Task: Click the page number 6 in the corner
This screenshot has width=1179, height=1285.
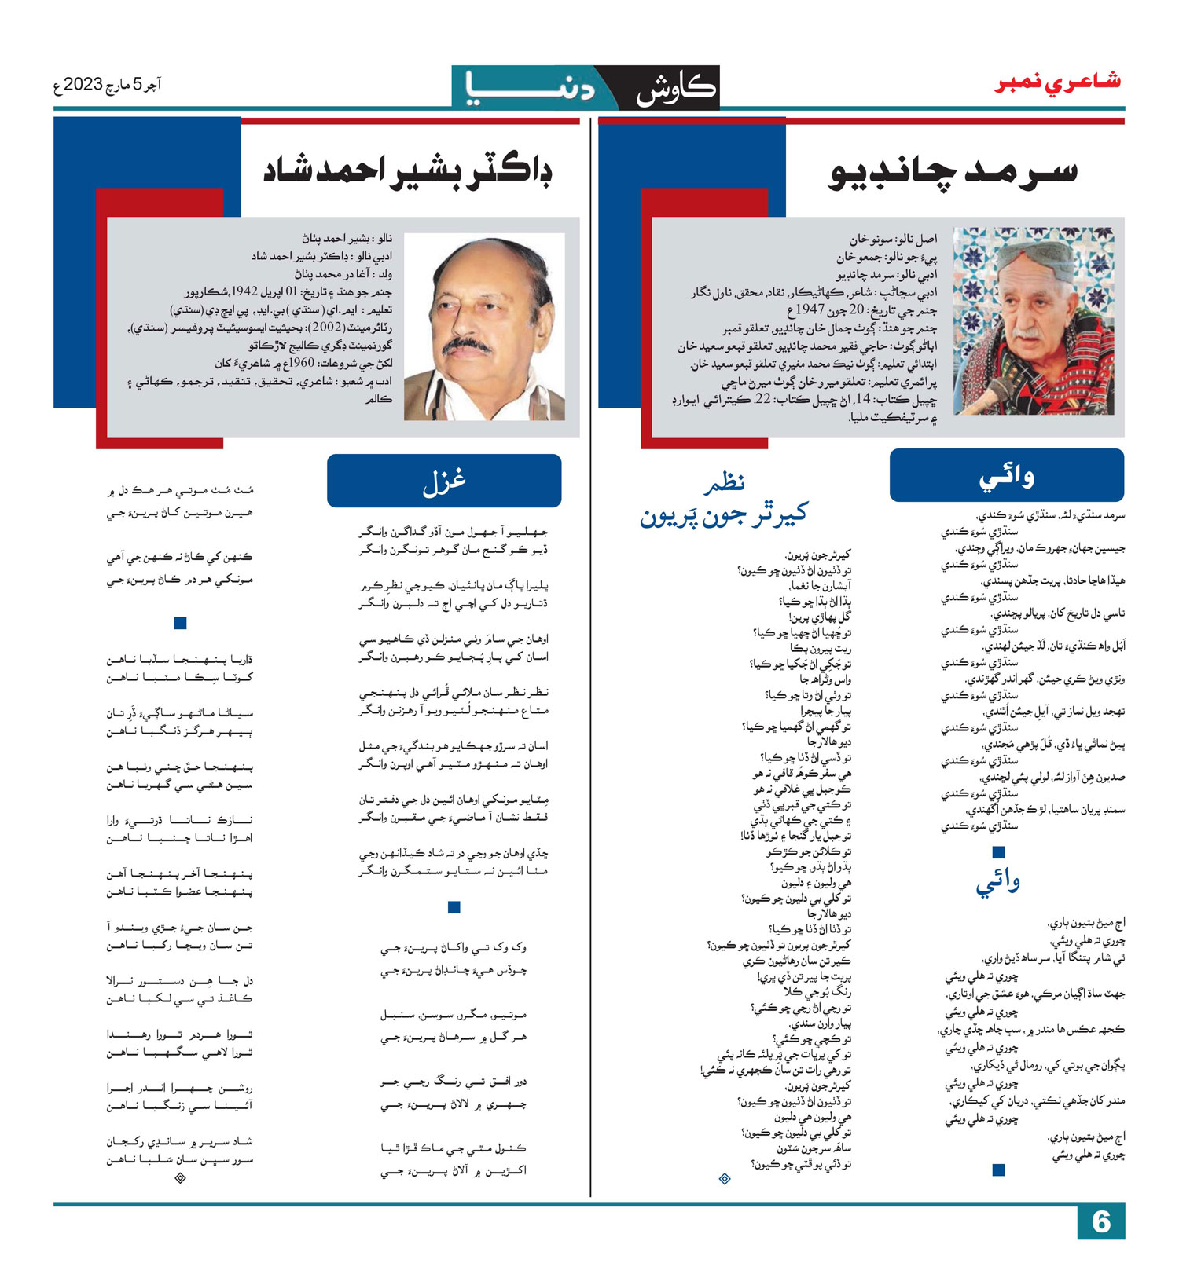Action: (x=1101, y=1222)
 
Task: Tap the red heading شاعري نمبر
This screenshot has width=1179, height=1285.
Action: (x=1058, y=82)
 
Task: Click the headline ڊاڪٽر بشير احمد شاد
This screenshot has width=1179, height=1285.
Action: (x=408, y=170)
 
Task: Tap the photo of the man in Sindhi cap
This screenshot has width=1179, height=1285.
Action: (x=1033, y=320)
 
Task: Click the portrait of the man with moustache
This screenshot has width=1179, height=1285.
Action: (x=484, y=327)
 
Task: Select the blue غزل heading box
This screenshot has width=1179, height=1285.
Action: (x=444, y=481)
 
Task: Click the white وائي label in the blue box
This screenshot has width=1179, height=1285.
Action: (x=1007, y=475)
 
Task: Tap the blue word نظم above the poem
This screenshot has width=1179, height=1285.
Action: (x=724, y=483)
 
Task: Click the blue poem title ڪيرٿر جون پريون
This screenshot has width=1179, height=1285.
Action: (x=724, y=515)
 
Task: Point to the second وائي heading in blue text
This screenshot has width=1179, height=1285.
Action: (x=998, y=884)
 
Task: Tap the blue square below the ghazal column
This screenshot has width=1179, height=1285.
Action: (x=454, y=907)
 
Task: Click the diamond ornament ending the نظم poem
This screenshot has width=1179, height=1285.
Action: (x=725, y=1178)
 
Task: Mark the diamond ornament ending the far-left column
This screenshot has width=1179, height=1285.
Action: (x=180, y=1177)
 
